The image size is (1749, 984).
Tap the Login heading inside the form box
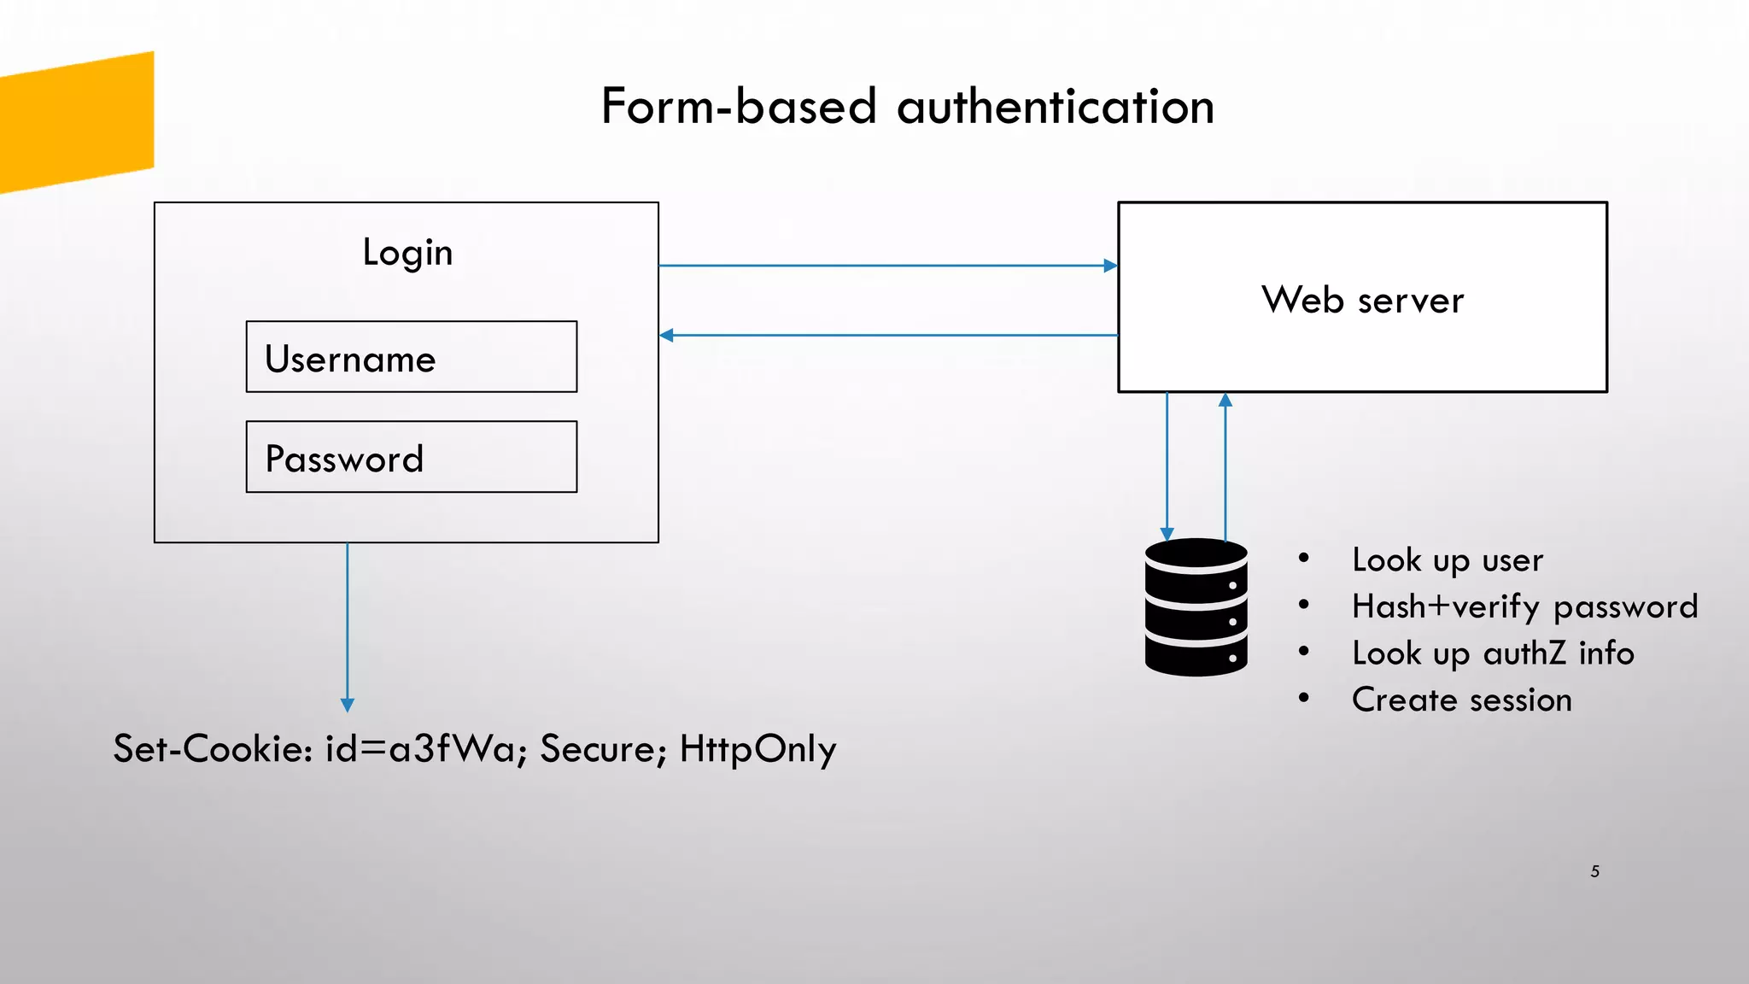407,252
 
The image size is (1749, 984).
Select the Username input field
412,357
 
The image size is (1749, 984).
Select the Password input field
412,457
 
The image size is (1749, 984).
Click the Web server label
1362,300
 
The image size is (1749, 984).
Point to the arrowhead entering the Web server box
1110,266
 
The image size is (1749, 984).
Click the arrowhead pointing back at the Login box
667,336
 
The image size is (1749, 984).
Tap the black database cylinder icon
1196,607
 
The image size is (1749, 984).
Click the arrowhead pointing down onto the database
1167,534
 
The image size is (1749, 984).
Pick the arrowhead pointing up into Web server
1225,400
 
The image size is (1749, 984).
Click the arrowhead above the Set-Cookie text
348,705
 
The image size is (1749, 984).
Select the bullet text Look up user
1448,560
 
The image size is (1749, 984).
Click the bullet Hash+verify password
1524,606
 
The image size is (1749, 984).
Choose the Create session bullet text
1461,700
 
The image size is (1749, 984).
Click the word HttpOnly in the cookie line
758,749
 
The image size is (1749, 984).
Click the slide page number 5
1594,871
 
